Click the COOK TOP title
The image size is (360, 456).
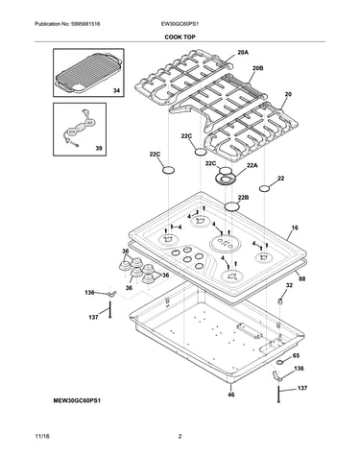180,37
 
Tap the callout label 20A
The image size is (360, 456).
243,53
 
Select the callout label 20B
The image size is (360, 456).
258,68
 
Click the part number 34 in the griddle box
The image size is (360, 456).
116,91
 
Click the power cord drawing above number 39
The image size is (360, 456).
79,129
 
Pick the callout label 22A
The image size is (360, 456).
252,165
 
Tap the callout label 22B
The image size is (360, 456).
243,198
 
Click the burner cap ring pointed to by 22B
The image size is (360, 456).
232,206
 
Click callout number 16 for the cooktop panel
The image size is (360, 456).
295,228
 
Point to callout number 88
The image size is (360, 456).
301,278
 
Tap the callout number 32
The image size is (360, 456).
289,285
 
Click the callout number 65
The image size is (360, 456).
296,355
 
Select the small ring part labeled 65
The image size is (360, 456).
280,362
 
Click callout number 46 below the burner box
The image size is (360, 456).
231,395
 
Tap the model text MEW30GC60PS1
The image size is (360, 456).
77,400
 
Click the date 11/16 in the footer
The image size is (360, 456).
42,437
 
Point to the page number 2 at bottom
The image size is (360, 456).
180,436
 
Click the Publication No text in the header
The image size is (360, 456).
67,24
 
